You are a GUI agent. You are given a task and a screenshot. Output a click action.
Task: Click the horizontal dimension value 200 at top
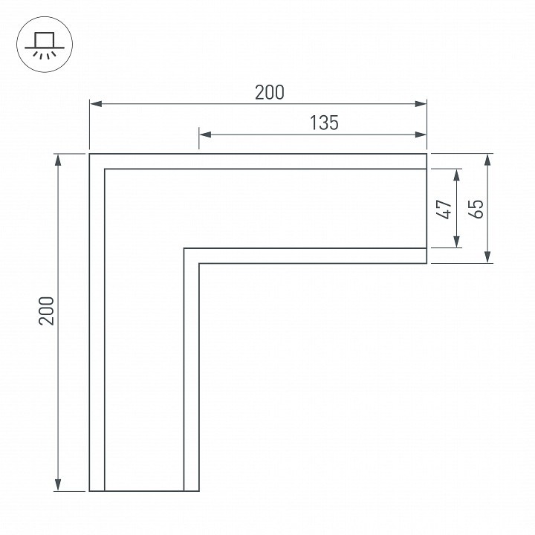tap(270, 92)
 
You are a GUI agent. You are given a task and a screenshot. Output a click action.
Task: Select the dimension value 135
tap(324, 123)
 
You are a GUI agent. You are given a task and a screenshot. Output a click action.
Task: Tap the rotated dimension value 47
tap(444, 209)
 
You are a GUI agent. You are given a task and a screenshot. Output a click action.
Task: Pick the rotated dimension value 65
tap(476, 209)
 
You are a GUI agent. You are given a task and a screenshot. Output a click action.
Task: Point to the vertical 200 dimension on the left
tap(47, 311)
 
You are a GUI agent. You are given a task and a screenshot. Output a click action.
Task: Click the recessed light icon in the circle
tap(45, 45)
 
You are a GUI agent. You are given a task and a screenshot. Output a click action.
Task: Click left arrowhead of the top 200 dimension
tap(96, 104)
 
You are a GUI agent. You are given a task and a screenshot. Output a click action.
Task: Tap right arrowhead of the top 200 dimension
tap(421, 104)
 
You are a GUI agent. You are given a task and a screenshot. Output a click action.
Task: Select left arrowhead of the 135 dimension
tap(205, 134)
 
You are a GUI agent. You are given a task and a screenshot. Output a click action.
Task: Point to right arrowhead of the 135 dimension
tap(421, 134)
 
